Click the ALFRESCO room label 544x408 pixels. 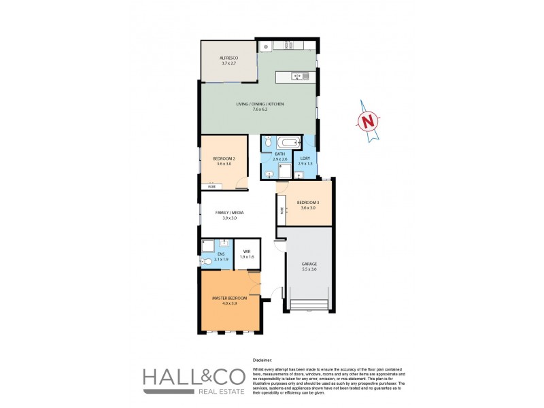point(227,58)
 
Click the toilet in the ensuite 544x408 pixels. point(207,260)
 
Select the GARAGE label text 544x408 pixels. point(309,264)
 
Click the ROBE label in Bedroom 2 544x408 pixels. point(211,186)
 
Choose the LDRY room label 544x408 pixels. point(304,159)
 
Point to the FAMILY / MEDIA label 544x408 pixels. point(230,213)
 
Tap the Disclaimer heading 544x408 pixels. point(262,360)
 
